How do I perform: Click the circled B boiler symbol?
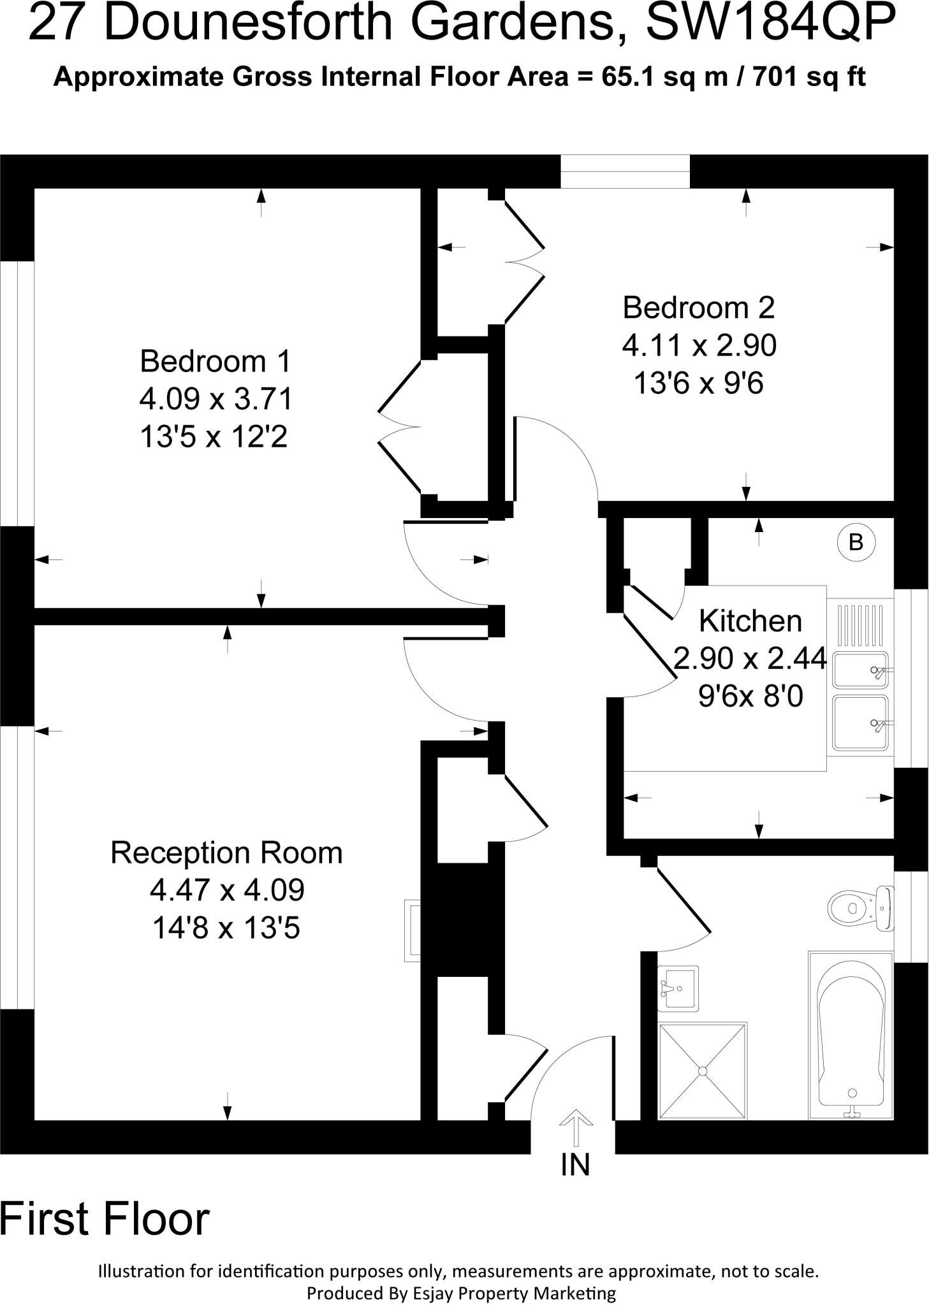pos(856,542)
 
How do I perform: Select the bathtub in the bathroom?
pos(851,1035)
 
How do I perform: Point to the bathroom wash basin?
pos(678,988)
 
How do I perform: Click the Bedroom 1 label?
pos(215,361)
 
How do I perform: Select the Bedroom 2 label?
pos(698,308)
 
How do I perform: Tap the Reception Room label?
pos(226,853)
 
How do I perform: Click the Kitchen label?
pos(750,621)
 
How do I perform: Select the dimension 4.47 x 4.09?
pos(227,890)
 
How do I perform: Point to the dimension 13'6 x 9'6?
pos(698,384)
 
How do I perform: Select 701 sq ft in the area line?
pos(808,77)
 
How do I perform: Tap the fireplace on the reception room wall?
pos(413,931)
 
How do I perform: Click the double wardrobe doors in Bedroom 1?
pos(400,426)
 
